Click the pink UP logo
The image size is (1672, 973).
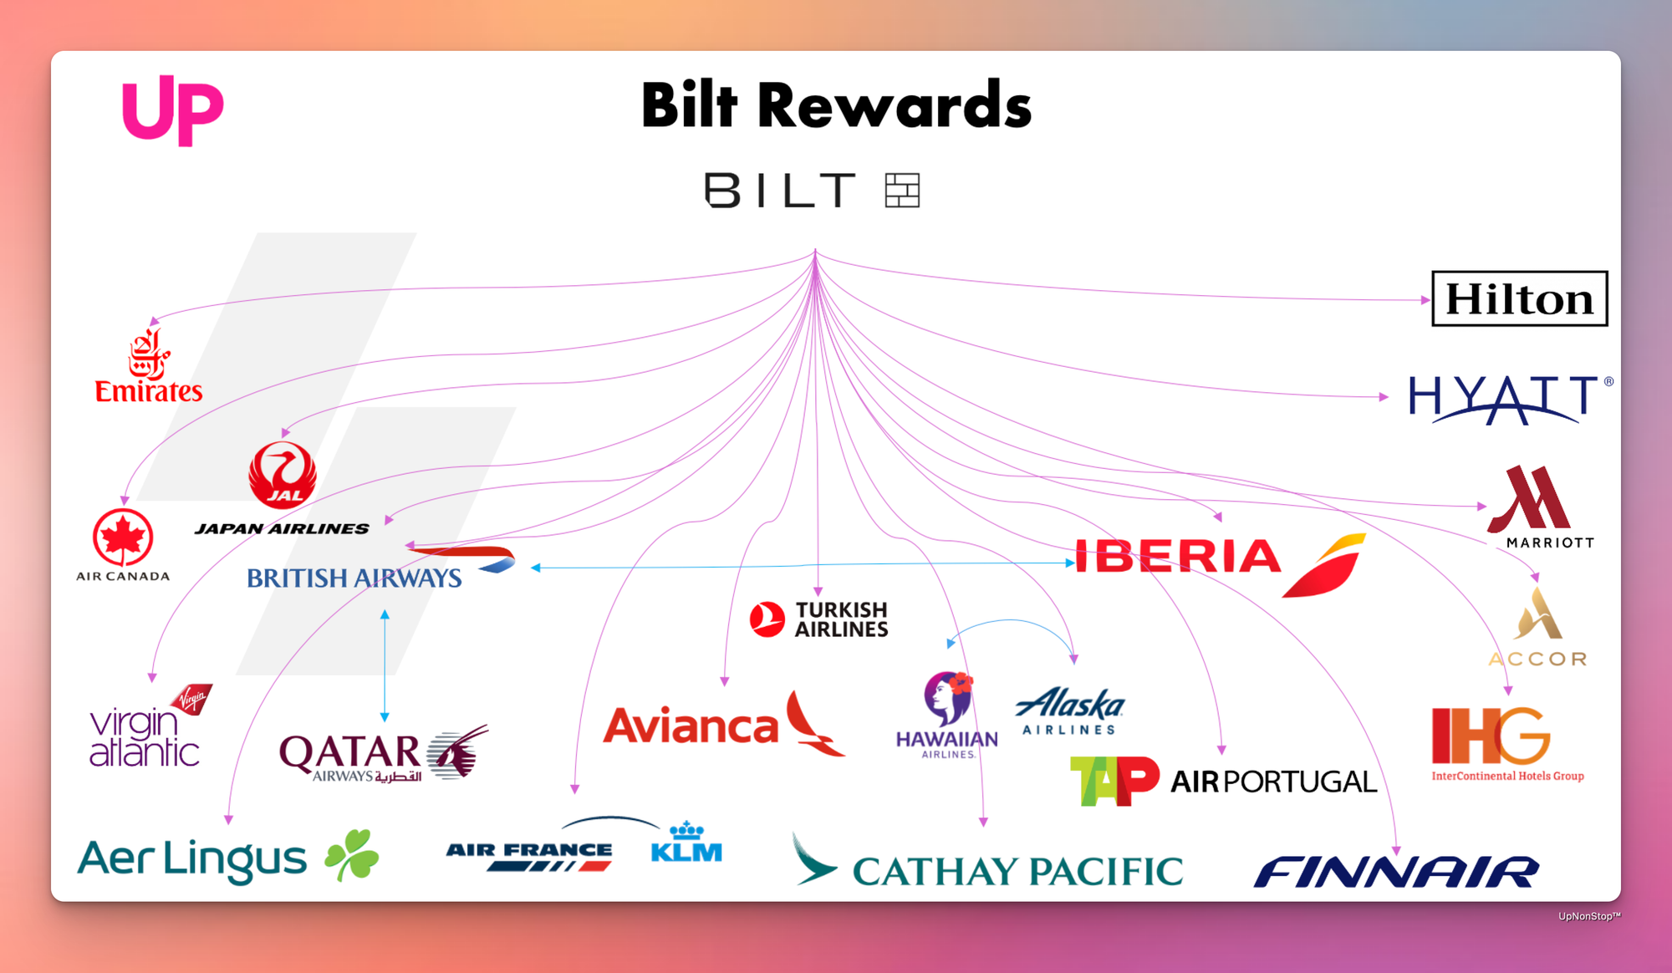tap(173, 110)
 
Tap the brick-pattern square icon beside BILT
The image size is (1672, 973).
tap(903, 190)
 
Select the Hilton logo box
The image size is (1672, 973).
tap(1520, 298)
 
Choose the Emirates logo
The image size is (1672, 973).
tap(149, 367)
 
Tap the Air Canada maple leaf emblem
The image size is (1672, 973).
tap(123, 537)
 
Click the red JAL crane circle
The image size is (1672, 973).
tap(283, 475)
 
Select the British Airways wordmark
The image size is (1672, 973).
tap(354, 578)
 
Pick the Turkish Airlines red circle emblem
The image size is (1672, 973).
tap(767, 619)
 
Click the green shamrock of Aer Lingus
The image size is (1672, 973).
tap(352, 854)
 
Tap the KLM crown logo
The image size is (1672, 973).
tap(686, 842)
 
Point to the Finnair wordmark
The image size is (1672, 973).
tap(1396, 872)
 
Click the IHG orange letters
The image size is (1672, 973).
tap(1491, 736)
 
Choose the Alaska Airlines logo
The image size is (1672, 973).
tap(1070, 711)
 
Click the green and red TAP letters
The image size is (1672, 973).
tap(1114, 781)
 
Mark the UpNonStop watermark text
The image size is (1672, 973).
tap(1589, 916)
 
